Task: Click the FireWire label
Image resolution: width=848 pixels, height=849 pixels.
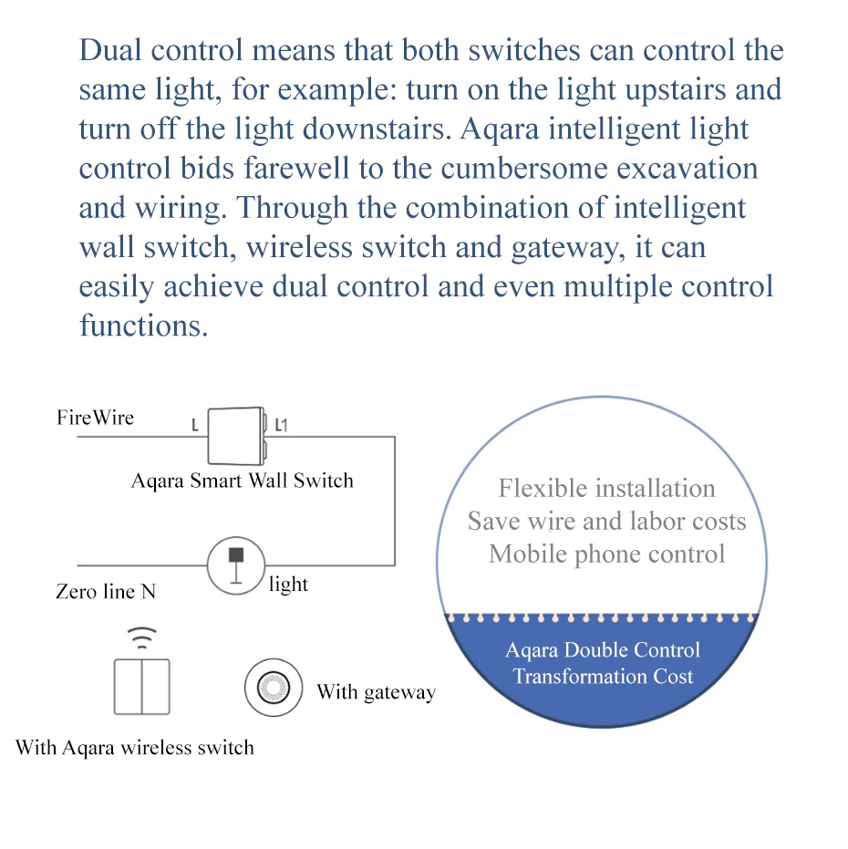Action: pos(95,418)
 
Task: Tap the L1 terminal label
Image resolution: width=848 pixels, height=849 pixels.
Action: pos(281,425)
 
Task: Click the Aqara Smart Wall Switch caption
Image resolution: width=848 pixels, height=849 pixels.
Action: pos(242,481)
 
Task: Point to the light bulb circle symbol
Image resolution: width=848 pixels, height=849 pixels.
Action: pos(235,564)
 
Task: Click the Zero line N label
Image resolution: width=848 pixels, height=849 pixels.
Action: pos(106,592)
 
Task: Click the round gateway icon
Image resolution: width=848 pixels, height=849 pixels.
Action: pos(273,687)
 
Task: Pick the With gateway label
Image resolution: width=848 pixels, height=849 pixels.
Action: pos(376,692)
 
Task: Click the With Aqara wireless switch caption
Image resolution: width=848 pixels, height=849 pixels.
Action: pos(135,748)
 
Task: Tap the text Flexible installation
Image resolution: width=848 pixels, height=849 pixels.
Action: pos(606,488)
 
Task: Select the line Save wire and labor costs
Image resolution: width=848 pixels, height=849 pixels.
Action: pos(606,521)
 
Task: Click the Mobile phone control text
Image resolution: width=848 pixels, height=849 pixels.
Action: pos(606,554)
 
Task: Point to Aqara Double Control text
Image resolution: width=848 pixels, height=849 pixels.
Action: pos(603,650)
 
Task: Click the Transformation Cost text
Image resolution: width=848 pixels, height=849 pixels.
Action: pos(603,677)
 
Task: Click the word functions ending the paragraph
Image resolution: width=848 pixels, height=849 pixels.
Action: pos(143,326)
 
